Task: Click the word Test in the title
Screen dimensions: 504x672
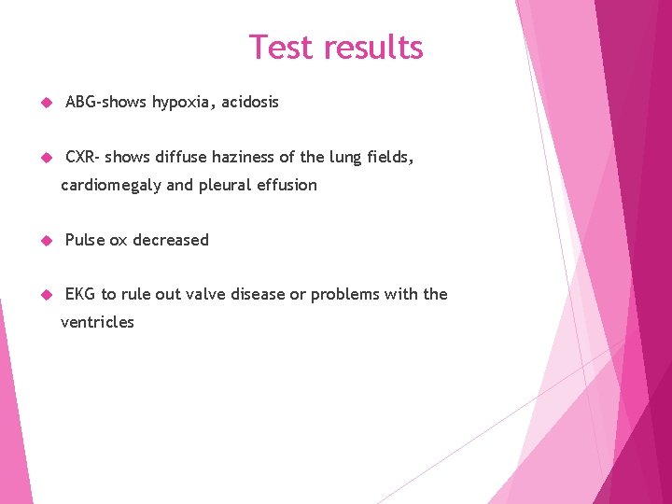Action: [x=281, y=47]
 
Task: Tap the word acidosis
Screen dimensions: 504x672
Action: [x=250, y=103]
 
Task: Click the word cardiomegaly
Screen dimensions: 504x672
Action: [x=111, y=185]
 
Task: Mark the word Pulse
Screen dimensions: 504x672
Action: [x=85, y=240]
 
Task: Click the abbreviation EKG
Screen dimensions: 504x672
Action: [x=80, y=295]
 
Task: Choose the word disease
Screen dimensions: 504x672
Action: [x=258, y=295]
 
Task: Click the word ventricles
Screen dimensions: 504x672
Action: [x=97, y=323]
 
